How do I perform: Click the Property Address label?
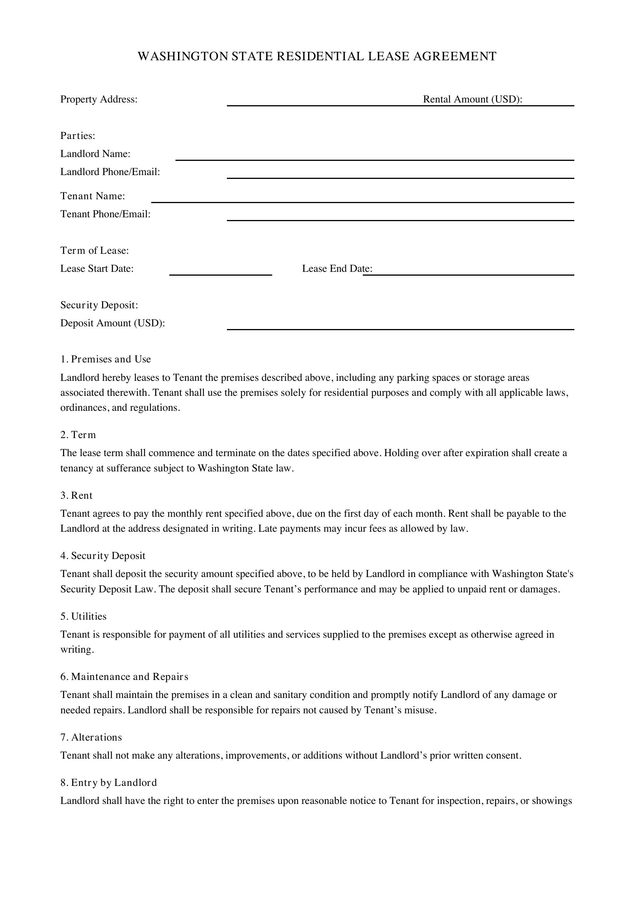[99, 99]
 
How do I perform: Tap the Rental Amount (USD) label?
[472, 99]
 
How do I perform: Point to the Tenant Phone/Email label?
[105, 214]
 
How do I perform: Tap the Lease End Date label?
[337, 269]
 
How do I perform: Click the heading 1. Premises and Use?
[105, 359]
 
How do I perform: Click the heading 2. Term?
[78, 435]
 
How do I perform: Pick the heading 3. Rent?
[76, 496]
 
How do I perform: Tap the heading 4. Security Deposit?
[103, 556]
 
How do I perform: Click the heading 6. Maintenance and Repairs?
[124, 676]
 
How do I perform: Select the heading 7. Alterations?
[91, 737]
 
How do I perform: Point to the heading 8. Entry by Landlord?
[108, 782]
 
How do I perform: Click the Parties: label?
[78, 136]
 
